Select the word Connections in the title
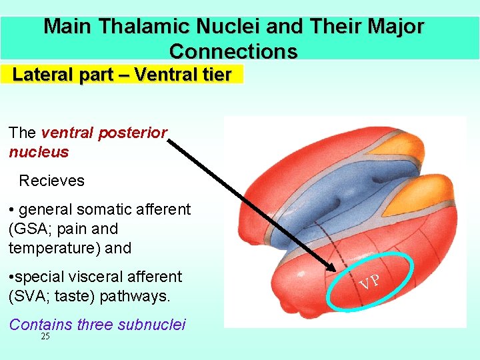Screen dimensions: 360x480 tap(233, 51)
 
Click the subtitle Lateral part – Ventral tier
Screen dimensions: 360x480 tap(122, 75)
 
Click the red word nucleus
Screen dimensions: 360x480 tap(39, 152)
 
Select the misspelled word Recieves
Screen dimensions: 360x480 tap(52, 181)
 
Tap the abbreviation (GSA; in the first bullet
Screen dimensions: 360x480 tap(35, 229)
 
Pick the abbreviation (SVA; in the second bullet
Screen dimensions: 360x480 tap(35, 295)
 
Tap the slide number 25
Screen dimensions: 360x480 tap(45, 337)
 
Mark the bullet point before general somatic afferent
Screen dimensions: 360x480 tap(13, 210)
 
